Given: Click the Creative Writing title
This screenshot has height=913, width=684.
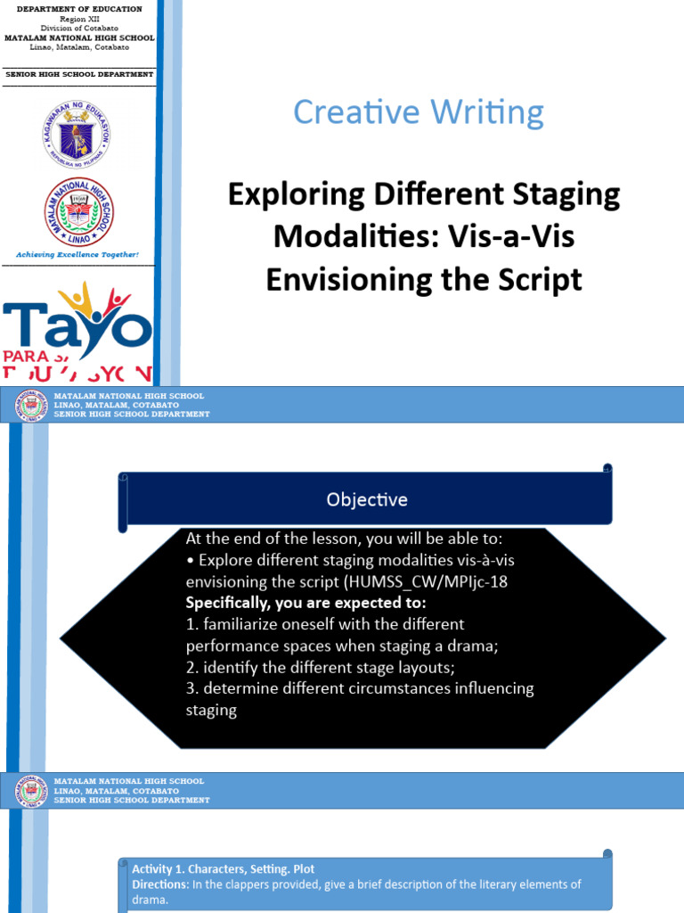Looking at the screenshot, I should click(418, 112).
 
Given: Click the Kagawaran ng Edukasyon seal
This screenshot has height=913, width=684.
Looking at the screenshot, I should click(77, 135).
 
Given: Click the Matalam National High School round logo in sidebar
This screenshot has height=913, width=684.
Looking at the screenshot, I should click(78, 211).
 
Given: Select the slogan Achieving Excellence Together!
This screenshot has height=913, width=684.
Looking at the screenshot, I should click(78, 254).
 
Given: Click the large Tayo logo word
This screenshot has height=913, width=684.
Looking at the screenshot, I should click(77, 322).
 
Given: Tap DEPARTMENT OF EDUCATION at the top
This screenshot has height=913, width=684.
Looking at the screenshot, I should click(79, 9).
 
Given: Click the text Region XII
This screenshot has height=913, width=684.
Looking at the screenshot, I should click(79, 19).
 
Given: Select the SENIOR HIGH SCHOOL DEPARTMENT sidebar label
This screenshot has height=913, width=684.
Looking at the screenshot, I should click(79, 75).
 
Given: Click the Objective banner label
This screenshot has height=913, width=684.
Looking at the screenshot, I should click(366, 499).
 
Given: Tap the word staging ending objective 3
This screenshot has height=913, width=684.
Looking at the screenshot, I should click(211, 710).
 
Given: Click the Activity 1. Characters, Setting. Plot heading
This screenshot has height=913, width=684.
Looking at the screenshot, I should click(223, 868).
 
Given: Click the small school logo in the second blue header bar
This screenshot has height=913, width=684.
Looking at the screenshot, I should click(32, 790).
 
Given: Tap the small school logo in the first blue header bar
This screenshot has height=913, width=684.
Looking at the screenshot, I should click(32, 405).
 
